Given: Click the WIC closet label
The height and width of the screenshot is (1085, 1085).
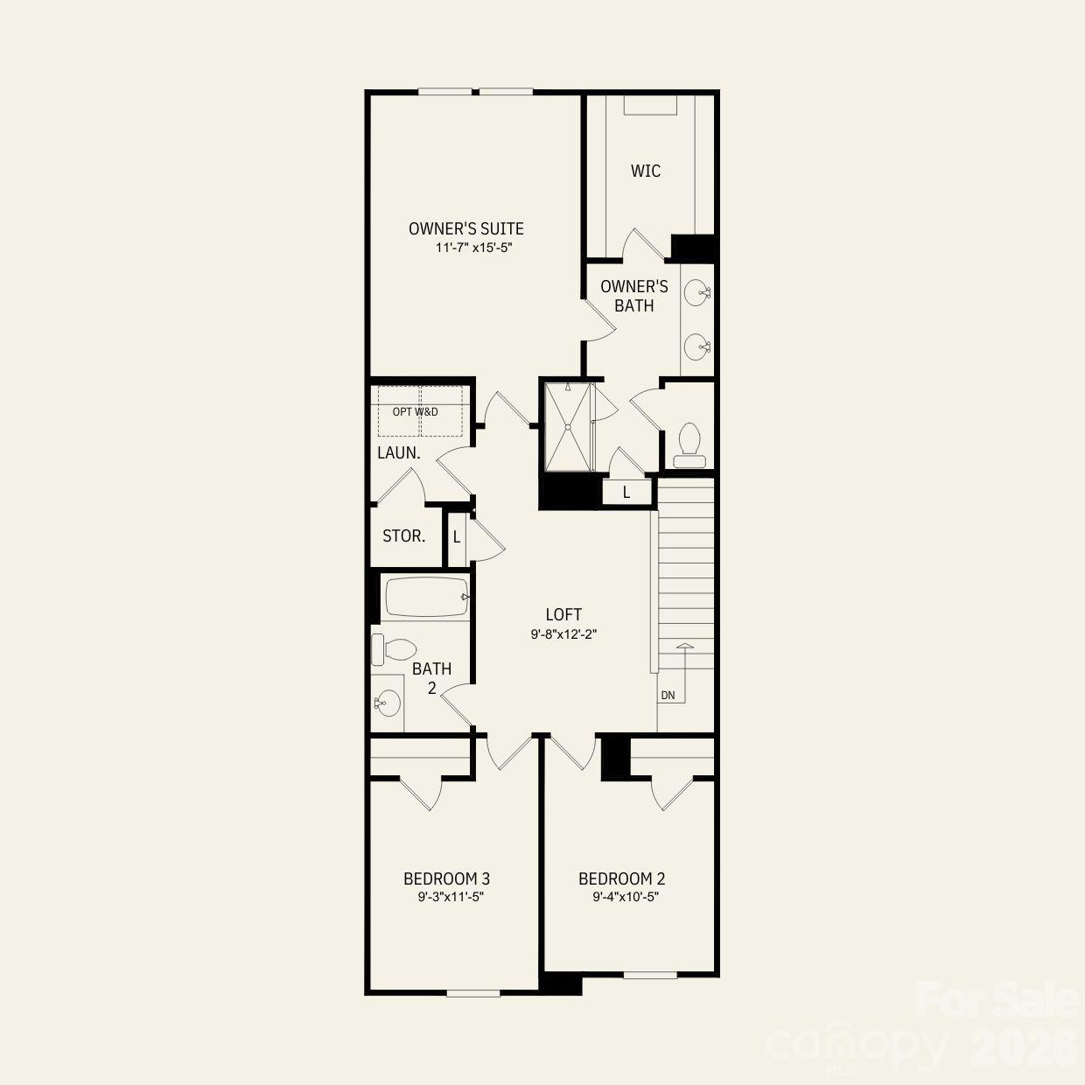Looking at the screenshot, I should [646, 171].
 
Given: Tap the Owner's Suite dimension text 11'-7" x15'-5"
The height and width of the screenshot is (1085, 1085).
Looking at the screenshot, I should [472, 248].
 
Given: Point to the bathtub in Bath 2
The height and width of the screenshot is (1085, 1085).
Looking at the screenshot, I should [426, 597].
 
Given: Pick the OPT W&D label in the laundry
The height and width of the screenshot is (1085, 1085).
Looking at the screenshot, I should [415, 411].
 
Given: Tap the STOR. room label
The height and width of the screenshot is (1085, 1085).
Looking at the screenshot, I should [404, 535].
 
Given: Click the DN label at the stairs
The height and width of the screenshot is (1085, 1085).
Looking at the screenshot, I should [668, 696].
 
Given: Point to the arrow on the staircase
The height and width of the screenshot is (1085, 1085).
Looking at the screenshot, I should [684, 647].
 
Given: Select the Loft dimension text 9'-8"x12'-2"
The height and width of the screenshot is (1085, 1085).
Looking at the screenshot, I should [563, 634].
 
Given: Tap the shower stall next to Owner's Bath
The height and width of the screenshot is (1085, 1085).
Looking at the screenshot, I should [568, 427].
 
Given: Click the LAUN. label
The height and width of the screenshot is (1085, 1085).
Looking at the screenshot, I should [399, 453].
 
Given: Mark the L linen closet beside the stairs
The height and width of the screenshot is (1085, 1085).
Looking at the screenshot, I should [626, 493].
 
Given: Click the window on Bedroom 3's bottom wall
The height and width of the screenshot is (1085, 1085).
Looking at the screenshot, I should [472, 992].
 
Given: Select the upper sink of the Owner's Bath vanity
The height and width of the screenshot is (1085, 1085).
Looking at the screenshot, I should [697, 292].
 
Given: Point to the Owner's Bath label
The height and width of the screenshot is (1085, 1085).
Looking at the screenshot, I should [634, 296].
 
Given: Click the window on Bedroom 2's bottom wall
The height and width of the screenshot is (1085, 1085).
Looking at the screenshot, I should [650, 974].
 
